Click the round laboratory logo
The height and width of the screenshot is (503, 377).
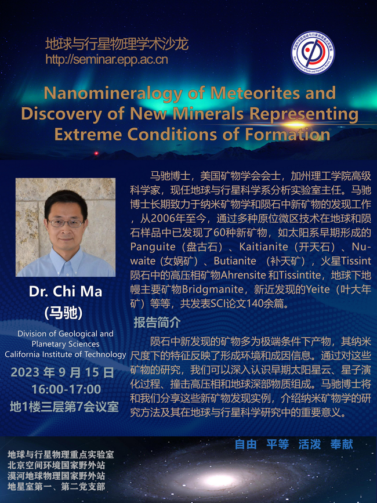[x=313, y=53]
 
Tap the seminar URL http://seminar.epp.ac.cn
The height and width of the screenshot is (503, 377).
[x=107, y=60]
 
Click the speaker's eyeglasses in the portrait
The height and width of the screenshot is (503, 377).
[x=66, y=223]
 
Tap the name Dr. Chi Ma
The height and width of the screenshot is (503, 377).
[x=66, y=291]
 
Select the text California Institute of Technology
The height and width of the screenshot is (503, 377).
[x=66, y=354]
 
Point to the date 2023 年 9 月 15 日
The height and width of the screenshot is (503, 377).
[x=63, y=372]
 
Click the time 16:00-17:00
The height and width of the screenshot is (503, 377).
[x=66, y=389]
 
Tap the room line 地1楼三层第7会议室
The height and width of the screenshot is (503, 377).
[x=64, y=407]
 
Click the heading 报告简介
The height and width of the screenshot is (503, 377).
[x=157, y=323]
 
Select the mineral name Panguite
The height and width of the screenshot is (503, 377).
[x=153, y=247]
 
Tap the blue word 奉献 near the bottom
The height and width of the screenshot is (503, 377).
[x=342, y=444]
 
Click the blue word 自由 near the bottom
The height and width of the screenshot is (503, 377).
[x=245, y=444]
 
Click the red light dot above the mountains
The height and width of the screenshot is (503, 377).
[x=96, y=153]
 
